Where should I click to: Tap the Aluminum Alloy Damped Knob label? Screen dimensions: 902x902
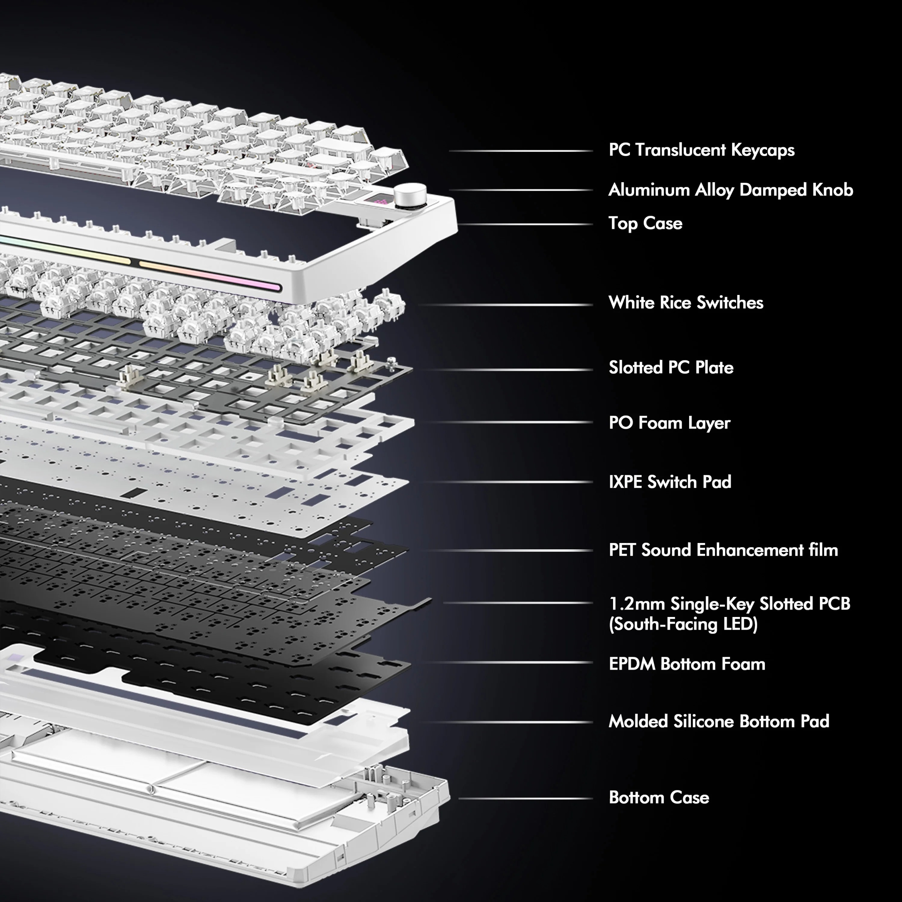pos(731,190)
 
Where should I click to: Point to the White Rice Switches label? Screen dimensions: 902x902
pos(686,303)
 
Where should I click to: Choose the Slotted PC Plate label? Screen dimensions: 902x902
pos(671,368)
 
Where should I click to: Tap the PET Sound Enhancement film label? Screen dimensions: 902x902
pos(723,550)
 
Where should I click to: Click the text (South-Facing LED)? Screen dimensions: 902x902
pos(683,625)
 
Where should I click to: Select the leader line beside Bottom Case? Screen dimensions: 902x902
pos(526,798)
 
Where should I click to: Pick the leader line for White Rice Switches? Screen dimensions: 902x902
pos(505,305)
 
